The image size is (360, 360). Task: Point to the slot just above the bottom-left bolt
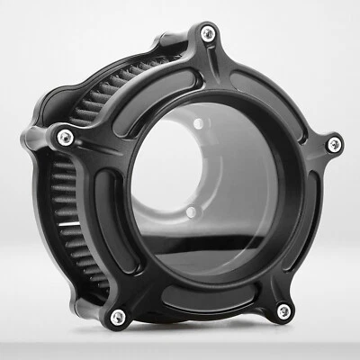(x=126, y=270)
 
